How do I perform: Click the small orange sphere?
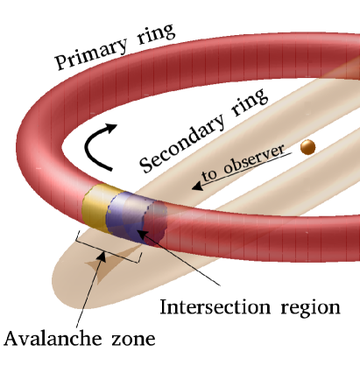pos(307,149)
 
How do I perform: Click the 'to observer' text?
pos(236,165)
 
